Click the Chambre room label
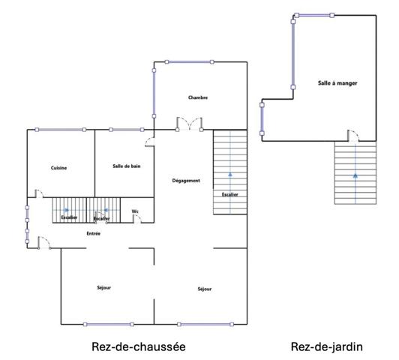point(198,97)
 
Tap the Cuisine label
point(59,168)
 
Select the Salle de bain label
point(127,166)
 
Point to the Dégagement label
point(186,181)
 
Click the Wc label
point(135,211)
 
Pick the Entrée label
point(94,233)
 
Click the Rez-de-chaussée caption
point(139,346)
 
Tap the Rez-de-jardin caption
point(327,346)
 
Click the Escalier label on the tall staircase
point(229,194)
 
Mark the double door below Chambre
point(188,123)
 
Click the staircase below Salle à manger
point(355,173)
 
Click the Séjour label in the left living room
point(104,288)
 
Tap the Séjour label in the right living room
point(205,289)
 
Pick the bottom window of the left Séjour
point(109,325)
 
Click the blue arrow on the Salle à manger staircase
point(355,175)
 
